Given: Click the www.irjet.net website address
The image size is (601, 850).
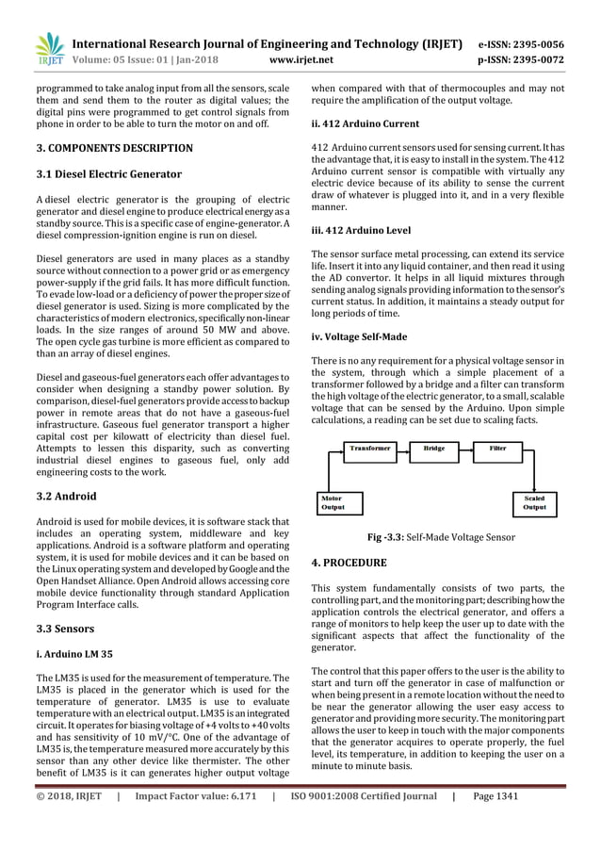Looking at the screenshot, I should (x=303, y=61).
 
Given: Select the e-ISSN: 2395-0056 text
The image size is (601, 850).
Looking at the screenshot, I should (x=535, y=43).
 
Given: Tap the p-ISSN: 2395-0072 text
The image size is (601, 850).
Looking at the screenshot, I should (x=535, y=61).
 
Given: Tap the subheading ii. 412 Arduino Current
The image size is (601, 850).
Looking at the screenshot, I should (x=365, y=123).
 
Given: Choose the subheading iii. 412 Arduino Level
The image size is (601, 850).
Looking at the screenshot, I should (x=361, y=230).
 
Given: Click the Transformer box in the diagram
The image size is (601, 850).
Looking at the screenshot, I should (x=370, y=450).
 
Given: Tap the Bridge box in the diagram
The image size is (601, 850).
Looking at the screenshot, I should (x=435, y=450).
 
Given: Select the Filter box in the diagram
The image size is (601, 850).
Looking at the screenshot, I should (x=497, y=450).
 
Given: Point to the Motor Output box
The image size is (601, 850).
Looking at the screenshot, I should (x=335, y=502).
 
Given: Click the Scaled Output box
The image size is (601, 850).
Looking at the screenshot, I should (x=533, y=502).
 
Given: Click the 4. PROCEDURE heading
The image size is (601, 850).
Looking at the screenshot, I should (x=349, y=563).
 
